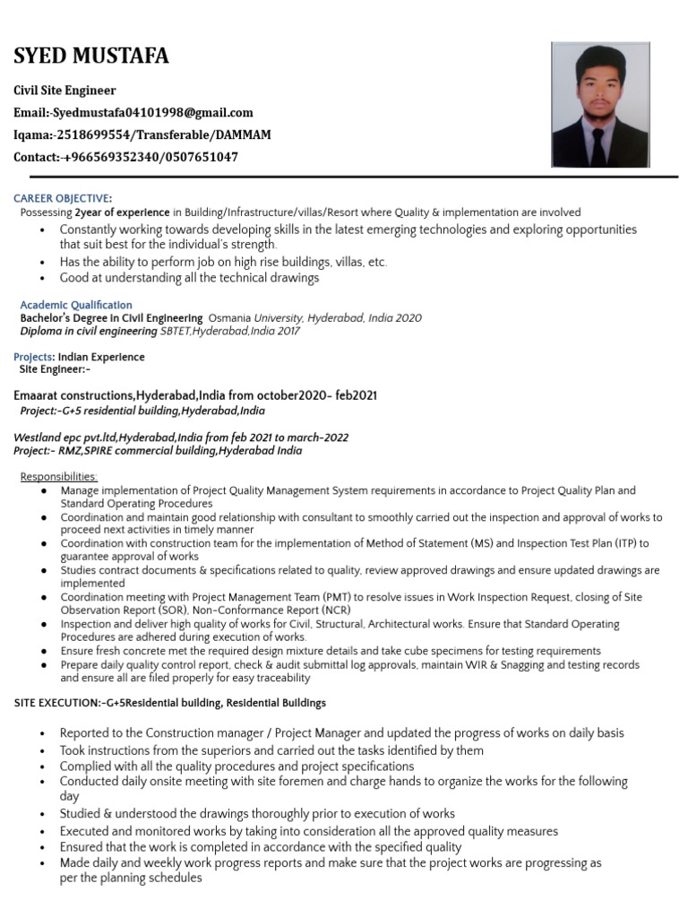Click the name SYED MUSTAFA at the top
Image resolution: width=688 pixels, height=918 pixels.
[90, 57]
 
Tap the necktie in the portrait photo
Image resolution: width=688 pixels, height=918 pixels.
[598, 145]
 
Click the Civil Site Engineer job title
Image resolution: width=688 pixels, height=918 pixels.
[64, 91]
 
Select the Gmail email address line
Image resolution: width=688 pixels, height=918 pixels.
[133, 113]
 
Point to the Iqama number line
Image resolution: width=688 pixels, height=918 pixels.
[142, 134]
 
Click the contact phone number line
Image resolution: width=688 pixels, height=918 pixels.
[125, 157]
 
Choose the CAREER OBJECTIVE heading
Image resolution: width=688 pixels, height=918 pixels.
[63, 197]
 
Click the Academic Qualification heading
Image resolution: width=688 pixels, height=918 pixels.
[76, 305]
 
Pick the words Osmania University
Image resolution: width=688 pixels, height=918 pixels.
[255, 318]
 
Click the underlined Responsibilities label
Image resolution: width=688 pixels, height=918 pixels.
[59, 476]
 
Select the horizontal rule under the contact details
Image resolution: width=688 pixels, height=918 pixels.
[345, 177]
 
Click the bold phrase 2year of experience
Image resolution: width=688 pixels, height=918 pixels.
[122, 212]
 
